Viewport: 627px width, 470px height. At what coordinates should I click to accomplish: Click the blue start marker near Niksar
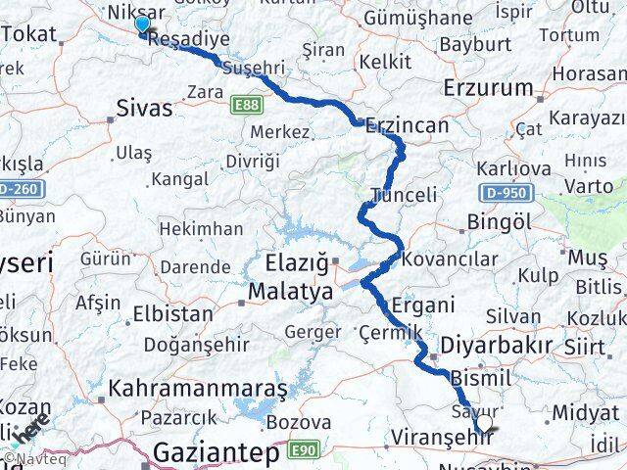click(143, 24)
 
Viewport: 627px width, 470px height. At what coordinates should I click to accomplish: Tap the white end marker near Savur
click(483, 423)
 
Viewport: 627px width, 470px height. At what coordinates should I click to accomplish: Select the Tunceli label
click(405, 195)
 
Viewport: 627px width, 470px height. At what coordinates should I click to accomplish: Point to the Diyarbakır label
click(497, 345)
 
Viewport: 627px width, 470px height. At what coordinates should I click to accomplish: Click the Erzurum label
click(488, 87)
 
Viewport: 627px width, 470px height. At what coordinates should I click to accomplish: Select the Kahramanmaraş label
click(200, 388)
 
